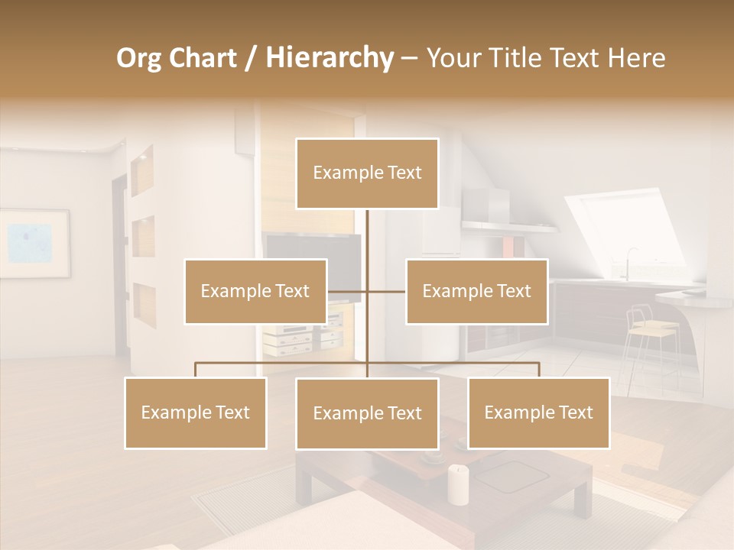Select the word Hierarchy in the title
click(x=329, y=58)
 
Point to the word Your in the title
click(x=450, y=58)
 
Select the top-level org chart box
click(x=367, y=173)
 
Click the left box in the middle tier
click(x=255, y=292)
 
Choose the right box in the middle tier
click(x=476, y=292)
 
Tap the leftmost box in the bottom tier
click(x=196, y=413)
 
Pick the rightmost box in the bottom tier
click(x=538, y=413)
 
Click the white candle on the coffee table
click(x=458, y=484)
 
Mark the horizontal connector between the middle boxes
click(x=367, y=291)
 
